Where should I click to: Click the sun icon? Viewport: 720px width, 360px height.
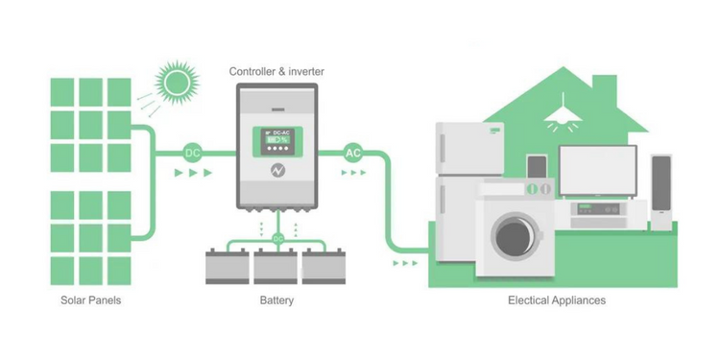tap(178, 83)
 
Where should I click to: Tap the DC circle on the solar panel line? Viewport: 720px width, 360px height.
tap(192, 154)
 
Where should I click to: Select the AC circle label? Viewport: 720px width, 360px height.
tap(352, 154)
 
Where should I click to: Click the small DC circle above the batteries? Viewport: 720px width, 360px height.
tap(278, 239)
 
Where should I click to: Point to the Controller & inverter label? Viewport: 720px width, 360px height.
tap(276, 71)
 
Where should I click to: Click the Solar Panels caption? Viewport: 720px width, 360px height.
tap(91, 300)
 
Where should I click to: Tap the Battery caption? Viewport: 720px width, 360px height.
tap(276, 300)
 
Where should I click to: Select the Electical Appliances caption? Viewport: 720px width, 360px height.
tap(557, 300)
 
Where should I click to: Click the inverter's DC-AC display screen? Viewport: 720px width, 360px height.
tap(276, 141)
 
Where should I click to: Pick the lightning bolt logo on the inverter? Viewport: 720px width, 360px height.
tap(277, 170)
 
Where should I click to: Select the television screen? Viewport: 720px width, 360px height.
tap(598, 171)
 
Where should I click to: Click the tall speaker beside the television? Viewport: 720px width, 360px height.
tap(661, 192)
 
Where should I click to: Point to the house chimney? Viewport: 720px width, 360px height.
tap(604, 92)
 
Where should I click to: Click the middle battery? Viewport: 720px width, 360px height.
tap(276, 266)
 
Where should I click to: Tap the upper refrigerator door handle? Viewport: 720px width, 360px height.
tap(443, 148)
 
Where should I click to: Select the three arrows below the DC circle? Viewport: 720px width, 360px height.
tap(193, 173)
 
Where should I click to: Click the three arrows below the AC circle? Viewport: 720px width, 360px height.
tap(353, 173)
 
